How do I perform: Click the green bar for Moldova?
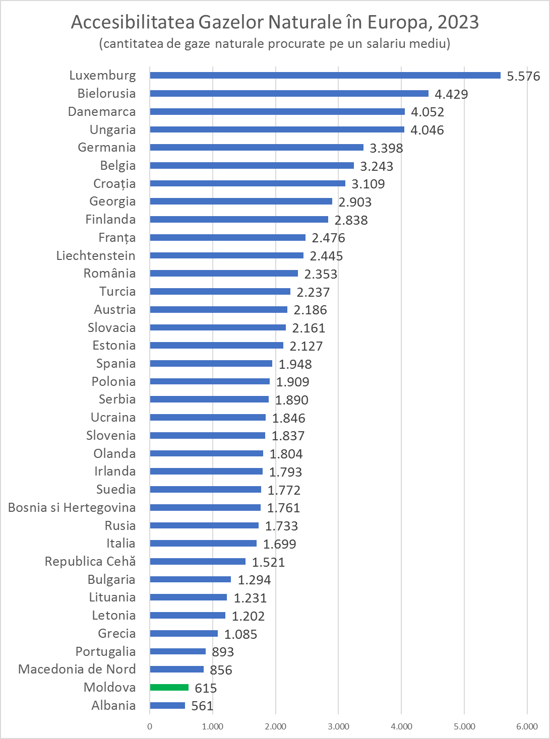point(169,688)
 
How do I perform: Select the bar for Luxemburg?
point(325,76)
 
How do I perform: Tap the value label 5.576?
point(523,76)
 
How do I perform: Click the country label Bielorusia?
point(106,94)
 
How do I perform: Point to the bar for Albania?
point(167,706)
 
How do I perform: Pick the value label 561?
point(202,706)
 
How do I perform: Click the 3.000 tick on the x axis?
point(338,726)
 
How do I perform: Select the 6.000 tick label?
point(527,726)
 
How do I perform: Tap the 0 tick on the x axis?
point(150,726)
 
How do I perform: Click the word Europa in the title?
point(399,22)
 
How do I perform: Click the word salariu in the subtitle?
point(385,43)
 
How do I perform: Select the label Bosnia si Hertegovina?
point(72,508)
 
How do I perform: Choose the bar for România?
point(224,274)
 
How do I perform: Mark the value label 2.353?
point(321,274)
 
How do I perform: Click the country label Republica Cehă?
point(90,562)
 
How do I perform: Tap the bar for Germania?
point(257,148)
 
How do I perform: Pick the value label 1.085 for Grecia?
point(240,634)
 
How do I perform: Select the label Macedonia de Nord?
point(77,669)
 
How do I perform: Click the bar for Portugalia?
point(177,651)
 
